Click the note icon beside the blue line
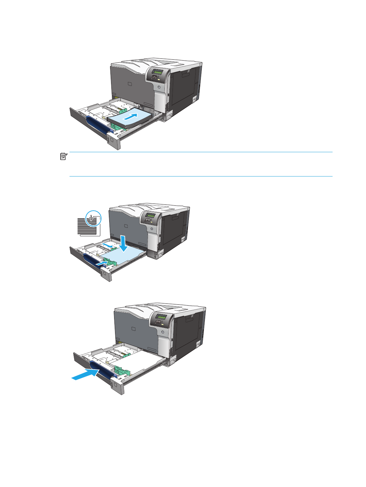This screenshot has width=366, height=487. (63, 157)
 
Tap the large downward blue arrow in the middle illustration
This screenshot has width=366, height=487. (124, 243)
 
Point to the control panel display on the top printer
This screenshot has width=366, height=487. (159, 72)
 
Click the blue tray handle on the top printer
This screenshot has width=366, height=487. (97, 125)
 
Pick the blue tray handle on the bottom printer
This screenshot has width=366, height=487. (103, 369)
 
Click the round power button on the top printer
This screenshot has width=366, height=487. (159, 88)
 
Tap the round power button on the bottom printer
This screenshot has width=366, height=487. (162, 332)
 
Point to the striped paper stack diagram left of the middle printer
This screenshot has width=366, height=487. (87, 226)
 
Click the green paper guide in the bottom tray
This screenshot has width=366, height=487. (122, 370)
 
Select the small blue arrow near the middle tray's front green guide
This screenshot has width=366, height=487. (102, 263)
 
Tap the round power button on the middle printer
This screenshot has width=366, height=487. (152, 229)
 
